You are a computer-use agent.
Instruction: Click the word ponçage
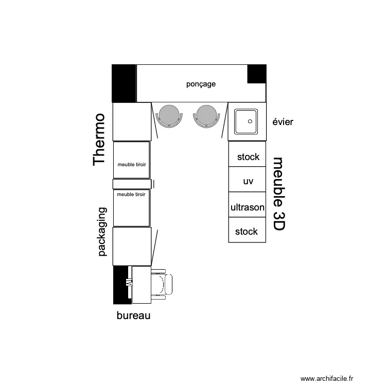[x=201, y=84]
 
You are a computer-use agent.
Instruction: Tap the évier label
[x=283, y=122]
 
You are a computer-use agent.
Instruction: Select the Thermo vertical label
[x=99, y=139]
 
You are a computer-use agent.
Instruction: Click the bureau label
[x=133, y=315]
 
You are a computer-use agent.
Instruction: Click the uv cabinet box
[x=248, y=182]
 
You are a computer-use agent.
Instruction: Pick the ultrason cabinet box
[x=248, y=207]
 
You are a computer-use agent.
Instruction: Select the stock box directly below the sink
[x=248, y=157]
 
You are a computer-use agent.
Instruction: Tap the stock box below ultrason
[x=247, y=232]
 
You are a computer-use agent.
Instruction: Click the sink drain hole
[x=250, y=121]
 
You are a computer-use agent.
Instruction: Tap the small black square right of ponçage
[x=257, y=74]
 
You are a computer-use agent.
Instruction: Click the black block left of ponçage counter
[x=124, y=83]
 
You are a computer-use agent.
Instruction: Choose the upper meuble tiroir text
[x=132, y=165]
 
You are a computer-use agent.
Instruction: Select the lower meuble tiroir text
[x=132, y=195]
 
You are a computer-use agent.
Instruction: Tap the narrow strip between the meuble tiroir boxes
[x=132, y=184]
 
